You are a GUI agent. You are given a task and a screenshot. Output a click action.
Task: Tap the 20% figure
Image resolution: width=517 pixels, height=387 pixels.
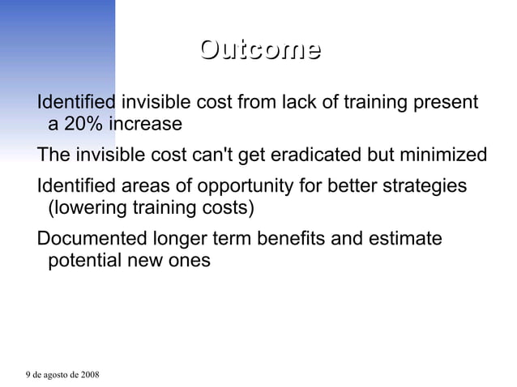[84, 125]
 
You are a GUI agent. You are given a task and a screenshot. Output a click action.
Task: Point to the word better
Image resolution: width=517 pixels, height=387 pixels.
[350, 186]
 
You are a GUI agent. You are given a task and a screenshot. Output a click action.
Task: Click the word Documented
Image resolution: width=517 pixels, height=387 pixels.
[92, 239]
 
